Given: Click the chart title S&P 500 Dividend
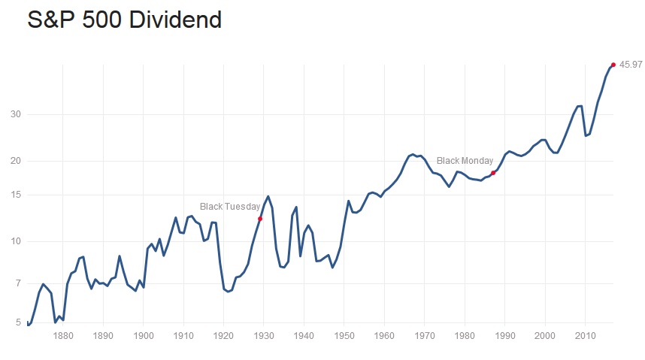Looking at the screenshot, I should tap(125, 20).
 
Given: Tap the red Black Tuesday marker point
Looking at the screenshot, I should tap(260, 219).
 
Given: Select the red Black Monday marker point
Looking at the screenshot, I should tap(493, 173).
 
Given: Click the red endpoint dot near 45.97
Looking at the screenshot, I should tap(613, 65).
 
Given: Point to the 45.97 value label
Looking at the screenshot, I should tap(630, 65).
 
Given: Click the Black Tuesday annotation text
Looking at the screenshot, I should tap(230, 207).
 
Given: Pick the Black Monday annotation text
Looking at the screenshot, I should tap(465, 161).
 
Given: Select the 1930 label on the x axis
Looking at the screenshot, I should tap(264, 336).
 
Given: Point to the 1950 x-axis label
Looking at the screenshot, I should tap(344, 336).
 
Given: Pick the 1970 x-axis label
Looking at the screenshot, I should tap(425, 336).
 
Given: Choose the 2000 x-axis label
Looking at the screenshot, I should tap(546, 336).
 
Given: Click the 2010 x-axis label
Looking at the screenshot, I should tap(586, 336).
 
